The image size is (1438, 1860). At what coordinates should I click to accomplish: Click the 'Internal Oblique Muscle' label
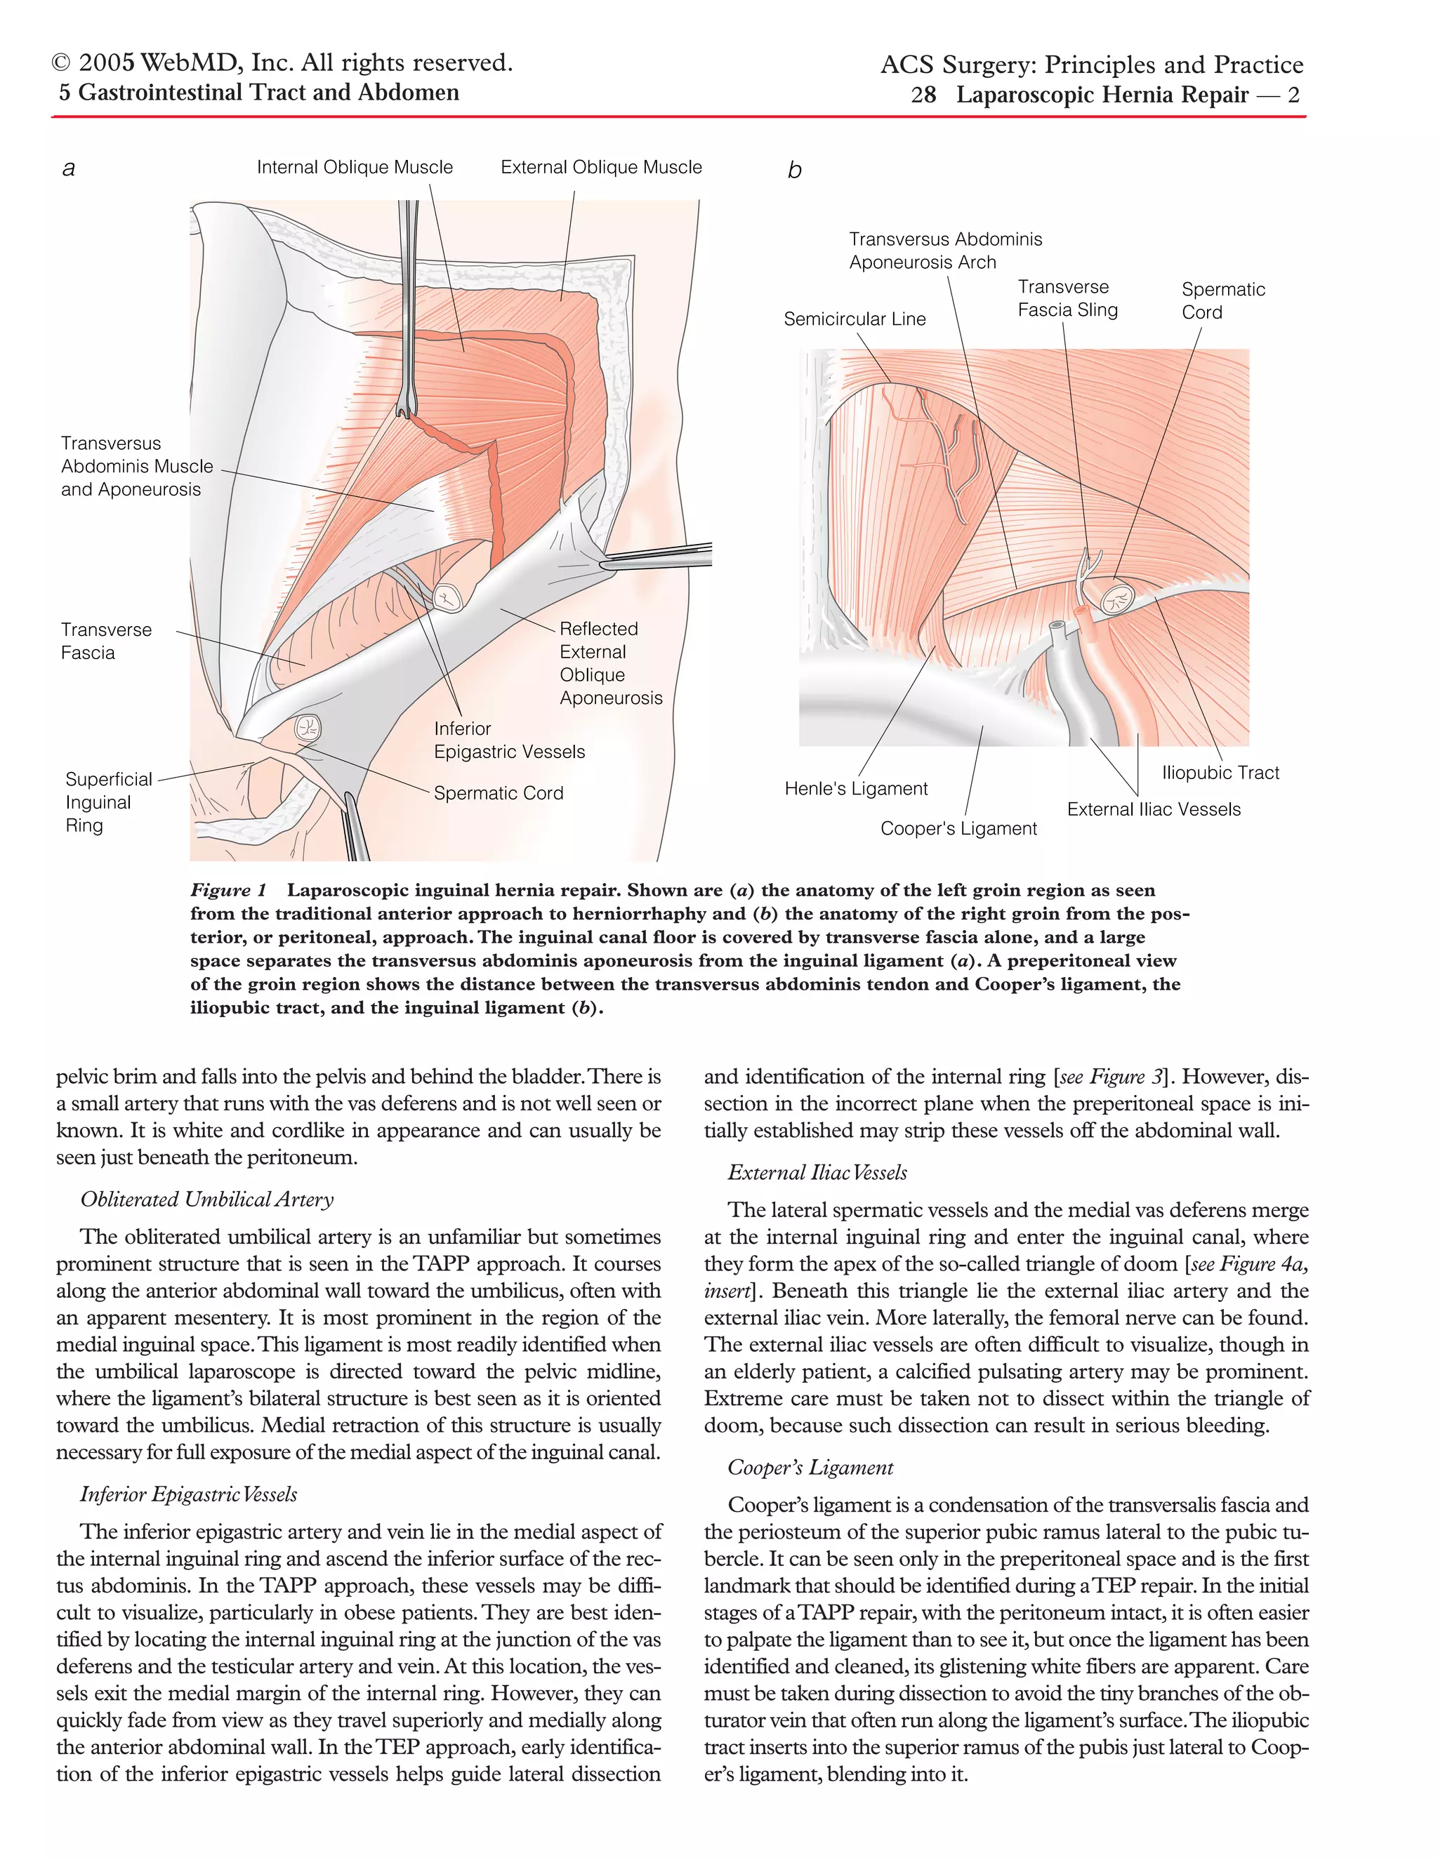355,168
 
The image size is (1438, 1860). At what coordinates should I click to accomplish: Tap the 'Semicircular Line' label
854,319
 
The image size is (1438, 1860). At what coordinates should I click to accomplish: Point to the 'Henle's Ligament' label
855,790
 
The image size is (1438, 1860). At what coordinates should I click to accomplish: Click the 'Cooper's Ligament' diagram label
958,830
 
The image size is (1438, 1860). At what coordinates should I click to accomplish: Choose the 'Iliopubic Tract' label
1220,773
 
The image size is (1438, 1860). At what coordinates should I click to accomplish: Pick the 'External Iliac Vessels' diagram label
1154,810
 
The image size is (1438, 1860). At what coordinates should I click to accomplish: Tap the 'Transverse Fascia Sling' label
1067,299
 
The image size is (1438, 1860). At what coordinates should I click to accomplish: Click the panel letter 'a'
69,168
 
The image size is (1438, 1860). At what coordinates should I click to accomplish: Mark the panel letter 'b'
794,171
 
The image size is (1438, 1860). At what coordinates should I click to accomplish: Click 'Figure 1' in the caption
227,891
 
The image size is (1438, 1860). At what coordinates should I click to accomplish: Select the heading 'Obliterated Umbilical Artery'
207,1200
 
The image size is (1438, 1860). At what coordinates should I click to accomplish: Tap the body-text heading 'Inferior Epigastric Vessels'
188,1494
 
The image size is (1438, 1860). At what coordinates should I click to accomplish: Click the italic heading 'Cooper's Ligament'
810,1468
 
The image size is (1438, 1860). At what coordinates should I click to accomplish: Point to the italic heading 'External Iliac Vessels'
817,1173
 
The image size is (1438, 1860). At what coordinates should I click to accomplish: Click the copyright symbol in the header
61,64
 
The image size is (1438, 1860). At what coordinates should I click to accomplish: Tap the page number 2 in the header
1293,95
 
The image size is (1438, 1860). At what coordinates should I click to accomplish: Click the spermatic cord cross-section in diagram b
1114,599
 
